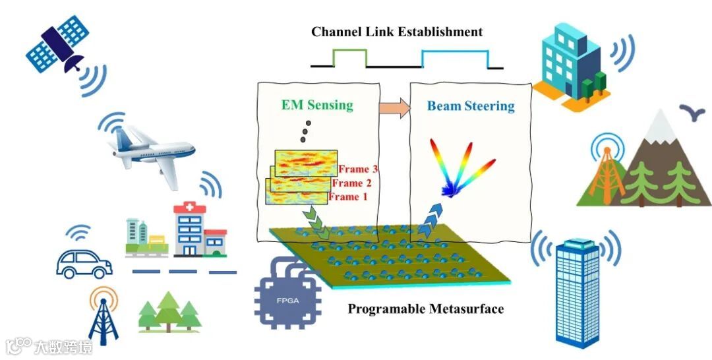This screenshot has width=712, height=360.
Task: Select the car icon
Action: pyautogui.click(x=84, y=262)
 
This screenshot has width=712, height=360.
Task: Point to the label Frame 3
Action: pyautogui.click(x=357, y=169)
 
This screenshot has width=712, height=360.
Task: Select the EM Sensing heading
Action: pyautogui.click(x=317, y=105)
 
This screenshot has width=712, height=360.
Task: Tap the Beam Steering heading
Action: pyautogui.click(x=470, y=106)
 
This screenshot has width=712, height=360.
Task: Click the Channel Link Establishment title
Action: pyautogui.click(x=397, y=32)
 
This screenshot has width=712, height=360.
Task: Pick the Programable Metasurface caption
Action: pyautogui.click(x=425, y=309)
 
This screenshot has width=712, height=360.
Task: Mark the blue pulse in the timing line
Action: pyautogui.click(x=455, y=57)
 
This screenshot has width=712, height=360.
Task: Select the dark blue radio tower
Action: pyautogui.click(x=103, y=317)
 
